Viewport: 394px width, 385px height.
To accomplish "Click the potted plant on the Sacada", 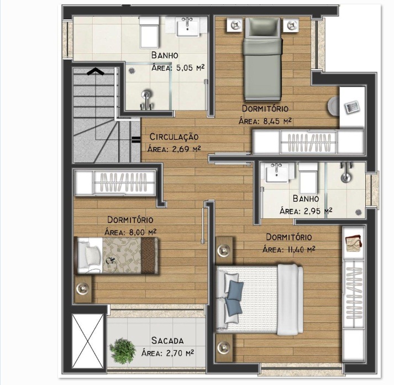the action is (123, 351).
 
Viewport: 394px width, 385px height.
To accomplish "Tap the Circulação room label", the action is (174, 137).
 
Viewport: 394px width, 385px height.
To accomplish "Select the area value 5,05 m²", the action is (190, 67).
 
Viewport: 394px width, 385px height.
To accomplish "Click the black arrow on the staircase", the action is (96, 72).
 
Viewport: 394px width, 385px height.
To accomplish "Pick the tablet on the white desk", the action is (352, 107).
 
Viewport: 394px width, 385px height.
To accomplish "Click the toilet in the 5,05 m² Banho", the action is (150, 32).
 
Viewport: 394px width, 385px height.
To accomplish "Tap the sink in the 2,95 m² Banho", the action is (277, 172).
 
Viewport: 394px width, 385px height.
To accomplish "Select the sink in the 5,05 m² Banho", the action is (188, 27).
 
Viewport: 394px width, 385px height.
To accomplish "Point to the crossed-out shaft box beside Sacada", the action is (88, 341).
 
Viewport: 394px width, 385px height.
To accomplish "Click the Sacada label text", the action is (167, 341).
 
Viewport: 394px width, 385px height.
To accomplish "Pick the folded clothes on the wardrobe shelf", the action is (354, 242).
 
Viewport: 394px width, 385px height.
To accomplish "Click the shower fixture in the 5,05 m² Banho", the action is (146, 100).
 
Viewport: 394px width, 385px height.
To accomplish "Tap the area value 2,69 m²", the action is (186, 149).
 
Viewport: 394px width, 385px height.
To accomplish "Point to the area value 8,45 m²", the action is (277, 121).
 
